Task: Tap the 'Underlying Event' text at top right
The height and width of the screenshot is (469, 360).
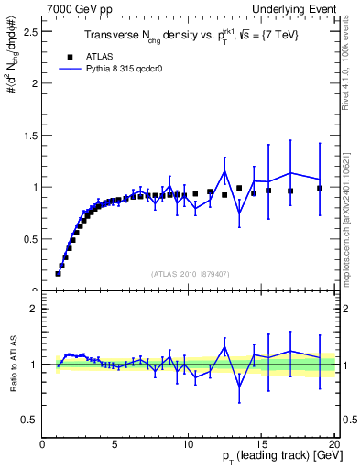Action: point(294,9)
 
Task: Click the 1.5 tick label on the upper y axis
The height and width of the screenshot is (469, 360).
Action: point(30,136)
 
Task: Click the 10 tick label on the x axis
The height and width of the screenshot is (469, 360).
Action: point(188,446)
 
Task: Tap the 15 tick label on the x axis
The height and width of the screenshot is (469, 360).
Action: point(261,446)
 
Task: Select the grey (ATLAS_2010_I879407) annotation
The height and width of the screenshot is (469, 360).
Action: point(190,272)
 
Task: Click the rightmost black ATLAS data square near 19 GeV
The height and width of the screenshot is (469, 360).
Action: point(320,188)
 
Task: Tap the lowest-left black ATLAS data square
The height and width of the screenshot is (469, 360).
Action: point(58,273)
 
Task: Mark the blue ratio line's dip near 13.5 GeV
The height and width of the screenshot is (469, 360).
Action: point(239,386)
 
